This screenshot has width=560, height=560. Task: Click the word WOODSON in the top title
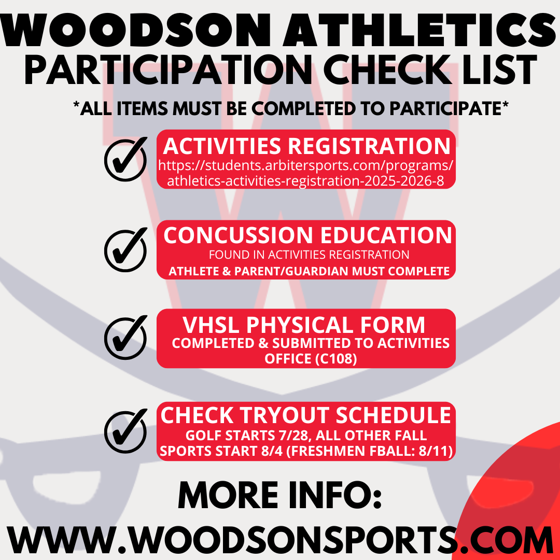[136, 31]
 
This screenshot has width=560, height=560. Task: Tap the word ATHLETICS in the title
[419, 31]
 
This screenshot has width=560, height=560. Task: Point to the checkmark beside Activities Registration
[125, 159]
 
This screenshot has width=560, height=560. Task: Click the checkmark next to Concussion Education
[125, 250]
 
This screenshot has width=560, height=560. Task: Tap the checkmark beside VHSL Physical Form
[125, 338]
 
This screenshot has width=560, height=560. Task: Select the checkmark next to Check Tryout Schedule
[125, 431]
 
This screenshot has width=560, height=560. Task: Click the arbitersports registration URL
[306, 173]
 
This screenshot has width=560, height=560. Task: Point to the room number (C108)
[334, 359]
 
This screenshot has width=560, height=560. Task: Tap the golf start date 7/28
[292, 436]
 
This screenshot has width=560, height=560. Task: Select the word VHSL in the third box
[211, 325]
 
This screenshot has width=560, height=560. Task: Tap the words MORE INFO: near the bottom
[280, 495]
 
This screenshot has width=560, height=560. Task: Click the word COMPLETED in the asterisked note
[303, 108]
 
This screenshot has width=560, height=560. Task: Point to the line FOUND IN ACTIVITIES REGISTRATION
[309, 255]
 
